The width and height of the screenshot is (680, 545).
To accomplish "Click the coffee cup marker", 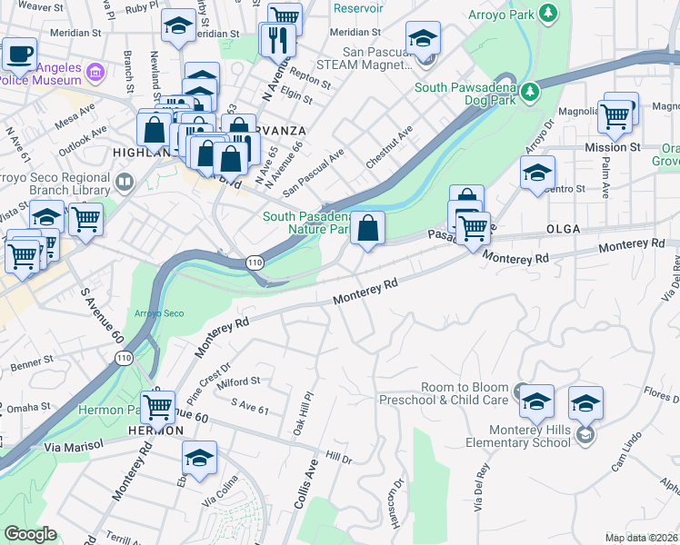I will pyautogui.click(x=19, y=53).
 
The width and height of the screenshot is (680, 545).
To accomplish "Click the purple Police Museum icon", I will pyautogui.click(x=95, y=71).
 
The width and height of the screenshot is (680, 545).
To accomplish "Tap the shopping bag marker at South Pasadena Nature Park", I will pyautogui.click(x=367, y=229).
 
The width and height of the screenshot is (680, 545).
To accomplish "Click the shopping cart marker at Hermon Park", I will pyautogui.click(x=158, y=408).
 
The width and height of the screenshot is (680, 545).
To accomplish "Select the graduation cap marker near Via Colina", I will pyautogui.click(x=199, y=459).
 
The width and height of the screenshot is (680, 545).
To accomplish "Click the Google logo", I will pyautogui.click(x=30, y=534).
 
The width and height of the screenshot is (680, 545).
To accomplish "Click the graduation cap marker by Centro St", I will pyautogui.click(x=537, y=172).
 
